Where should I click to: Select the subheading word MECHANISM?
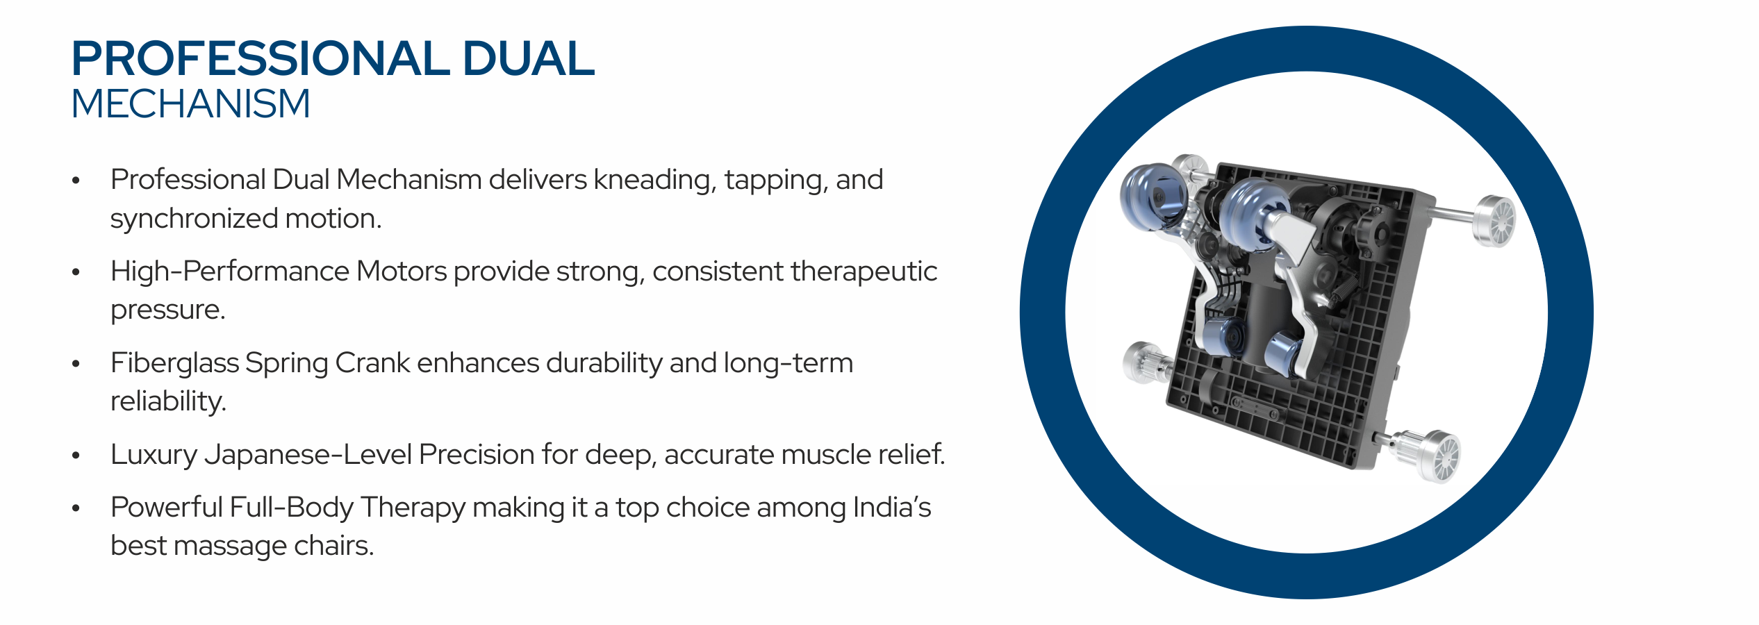click(190, 104)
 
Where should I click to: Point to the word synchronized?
click(194, 219)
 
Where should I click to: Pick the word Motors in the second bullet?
click(402, 271)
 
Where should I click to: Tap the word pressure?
click(168, 310)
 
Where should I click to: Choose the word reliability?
click(168, 401)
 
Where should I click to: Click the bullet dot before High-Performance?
click(76, 272)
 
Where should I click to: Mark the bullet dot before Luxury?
click(76, 456)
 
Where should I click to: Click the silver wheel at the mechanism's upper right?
click(1494, 221)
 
